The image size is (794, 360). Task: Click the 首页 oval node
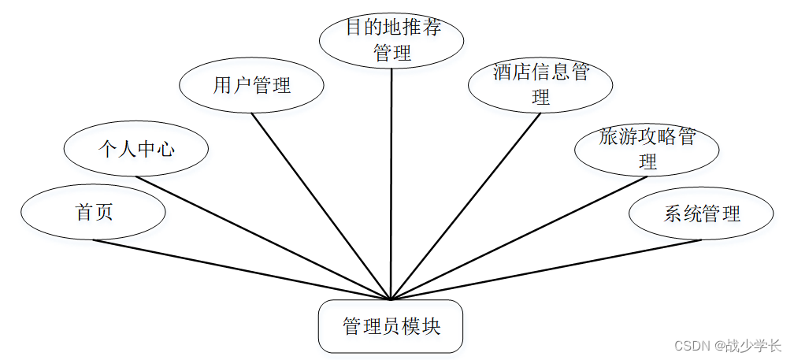click(93, 213)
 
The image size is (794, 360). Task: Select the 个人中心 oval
click(135, 149)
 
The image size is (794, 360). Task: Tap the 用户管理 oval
click(251, 85)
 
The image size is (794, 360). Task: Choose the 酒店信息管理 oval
click(540, 85)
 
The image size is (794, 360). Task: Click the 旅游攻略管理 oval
click(647, 150)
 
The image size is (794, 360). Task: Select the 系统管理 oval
click(701, 213)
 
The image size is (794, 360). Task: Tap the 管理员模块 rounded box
click(391, 326)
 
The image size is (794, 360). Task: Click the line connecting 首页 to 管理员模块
click(236, 269)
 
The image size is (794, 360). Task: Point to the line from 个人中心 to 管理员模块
click(260, 237)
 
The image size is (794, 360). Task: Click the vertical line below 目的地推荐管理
click(391, 181)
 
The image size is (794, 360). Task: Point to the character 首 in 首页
click(84, 213)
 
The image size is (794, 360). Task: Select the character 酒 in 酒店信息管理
click(503, 74)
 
